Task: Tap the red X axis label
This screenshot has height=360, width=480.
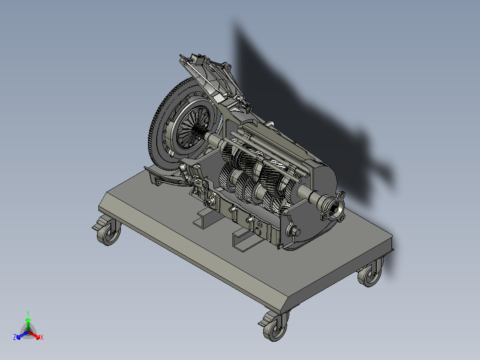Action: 41,338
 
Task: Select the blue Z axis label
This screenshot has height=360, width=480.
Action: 15,338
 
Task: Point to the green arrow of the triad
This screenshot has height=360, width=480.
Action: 28,323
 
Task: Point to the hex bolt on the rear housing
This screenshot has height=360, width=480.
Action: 296,231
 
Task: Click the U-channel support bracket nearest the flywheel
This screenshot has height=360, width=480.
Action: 204,218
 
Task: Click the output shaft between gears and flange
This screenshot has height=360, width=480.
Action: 307,194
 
